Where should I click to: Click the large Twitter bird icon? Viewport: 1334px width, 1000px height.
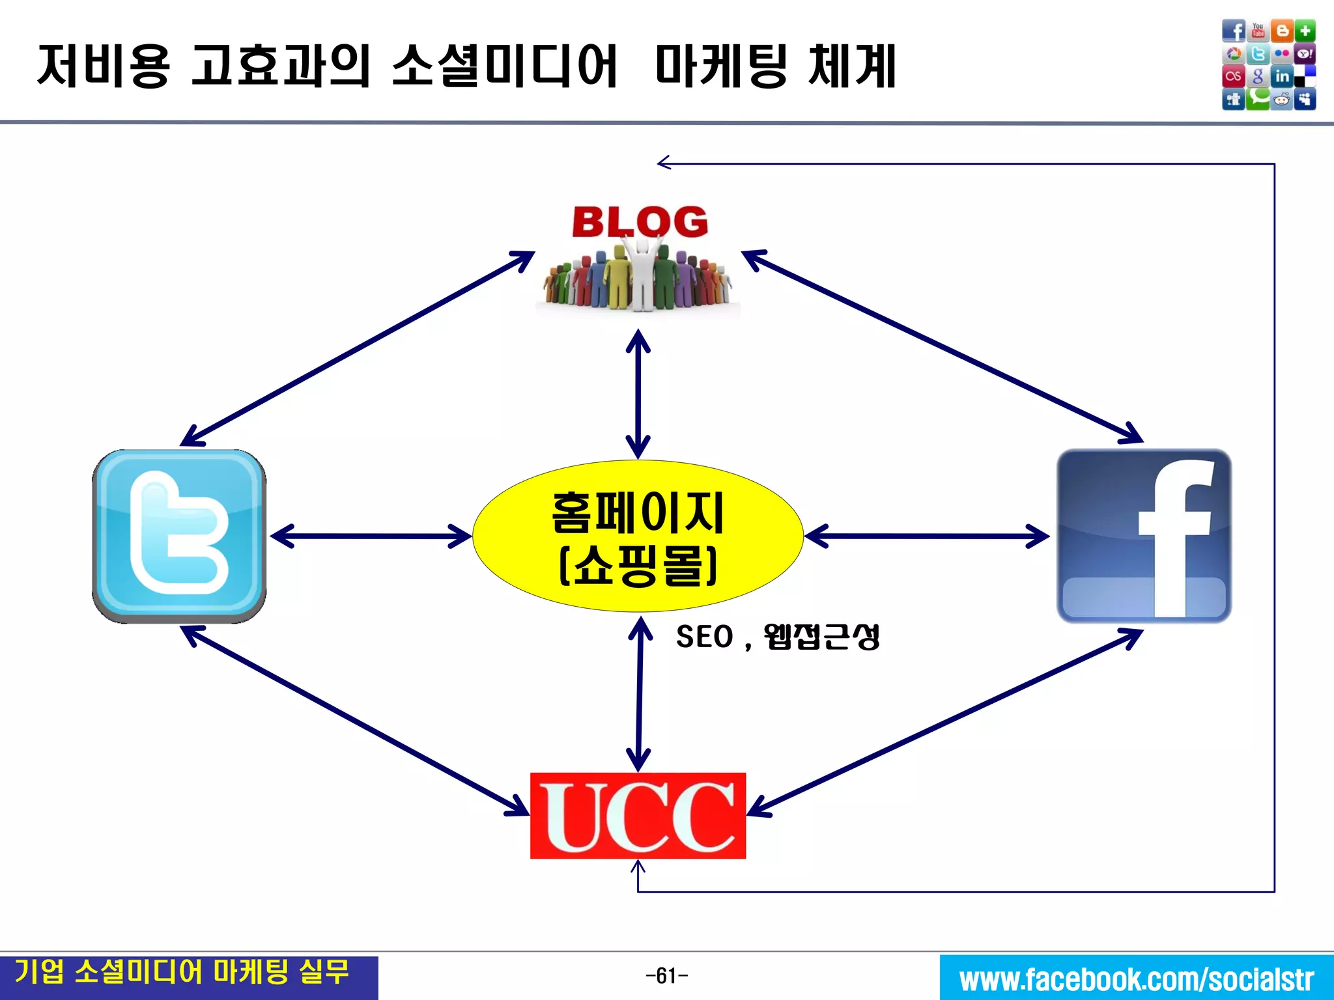tap(179, 536)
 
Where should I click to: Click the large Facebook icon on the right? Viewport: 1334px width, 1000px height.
tap(1144, 536)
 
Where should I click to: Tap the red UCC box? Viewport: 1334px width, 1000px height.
tap(638, 816)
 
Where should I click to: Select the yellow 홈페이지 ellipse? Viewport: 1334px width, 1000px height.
tap(638, 536)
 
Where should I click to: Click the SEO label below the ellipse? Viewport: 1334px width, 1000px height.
tap(704, 637)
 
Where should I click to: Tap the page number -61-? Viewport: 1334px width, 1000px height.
tap(666, 976)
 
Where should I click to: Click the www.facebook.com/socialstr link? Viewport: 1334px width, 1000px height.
tap(1137, 979)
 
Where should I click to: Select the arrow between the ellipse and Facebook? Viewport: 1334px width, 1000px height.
tap(927, 536)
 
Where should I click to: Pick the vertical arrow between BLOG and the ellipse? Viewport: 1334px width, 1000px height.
tap(638, 394)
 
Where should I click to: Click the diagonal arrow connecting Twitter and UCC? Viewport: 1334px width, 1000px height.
tap(355, 721)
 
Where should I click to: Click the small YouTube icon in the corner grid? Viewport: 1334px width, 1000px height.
tap(1258, 31)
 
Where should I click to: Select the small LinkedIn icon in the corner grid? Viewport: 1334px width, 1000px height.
tap(1282, 76)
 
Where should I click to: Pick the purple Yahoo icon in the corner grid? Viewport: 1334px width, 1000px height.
tap(1305, 54)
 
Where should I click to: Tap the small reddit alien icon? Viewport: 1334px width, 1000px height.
tap(1282, 100)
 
